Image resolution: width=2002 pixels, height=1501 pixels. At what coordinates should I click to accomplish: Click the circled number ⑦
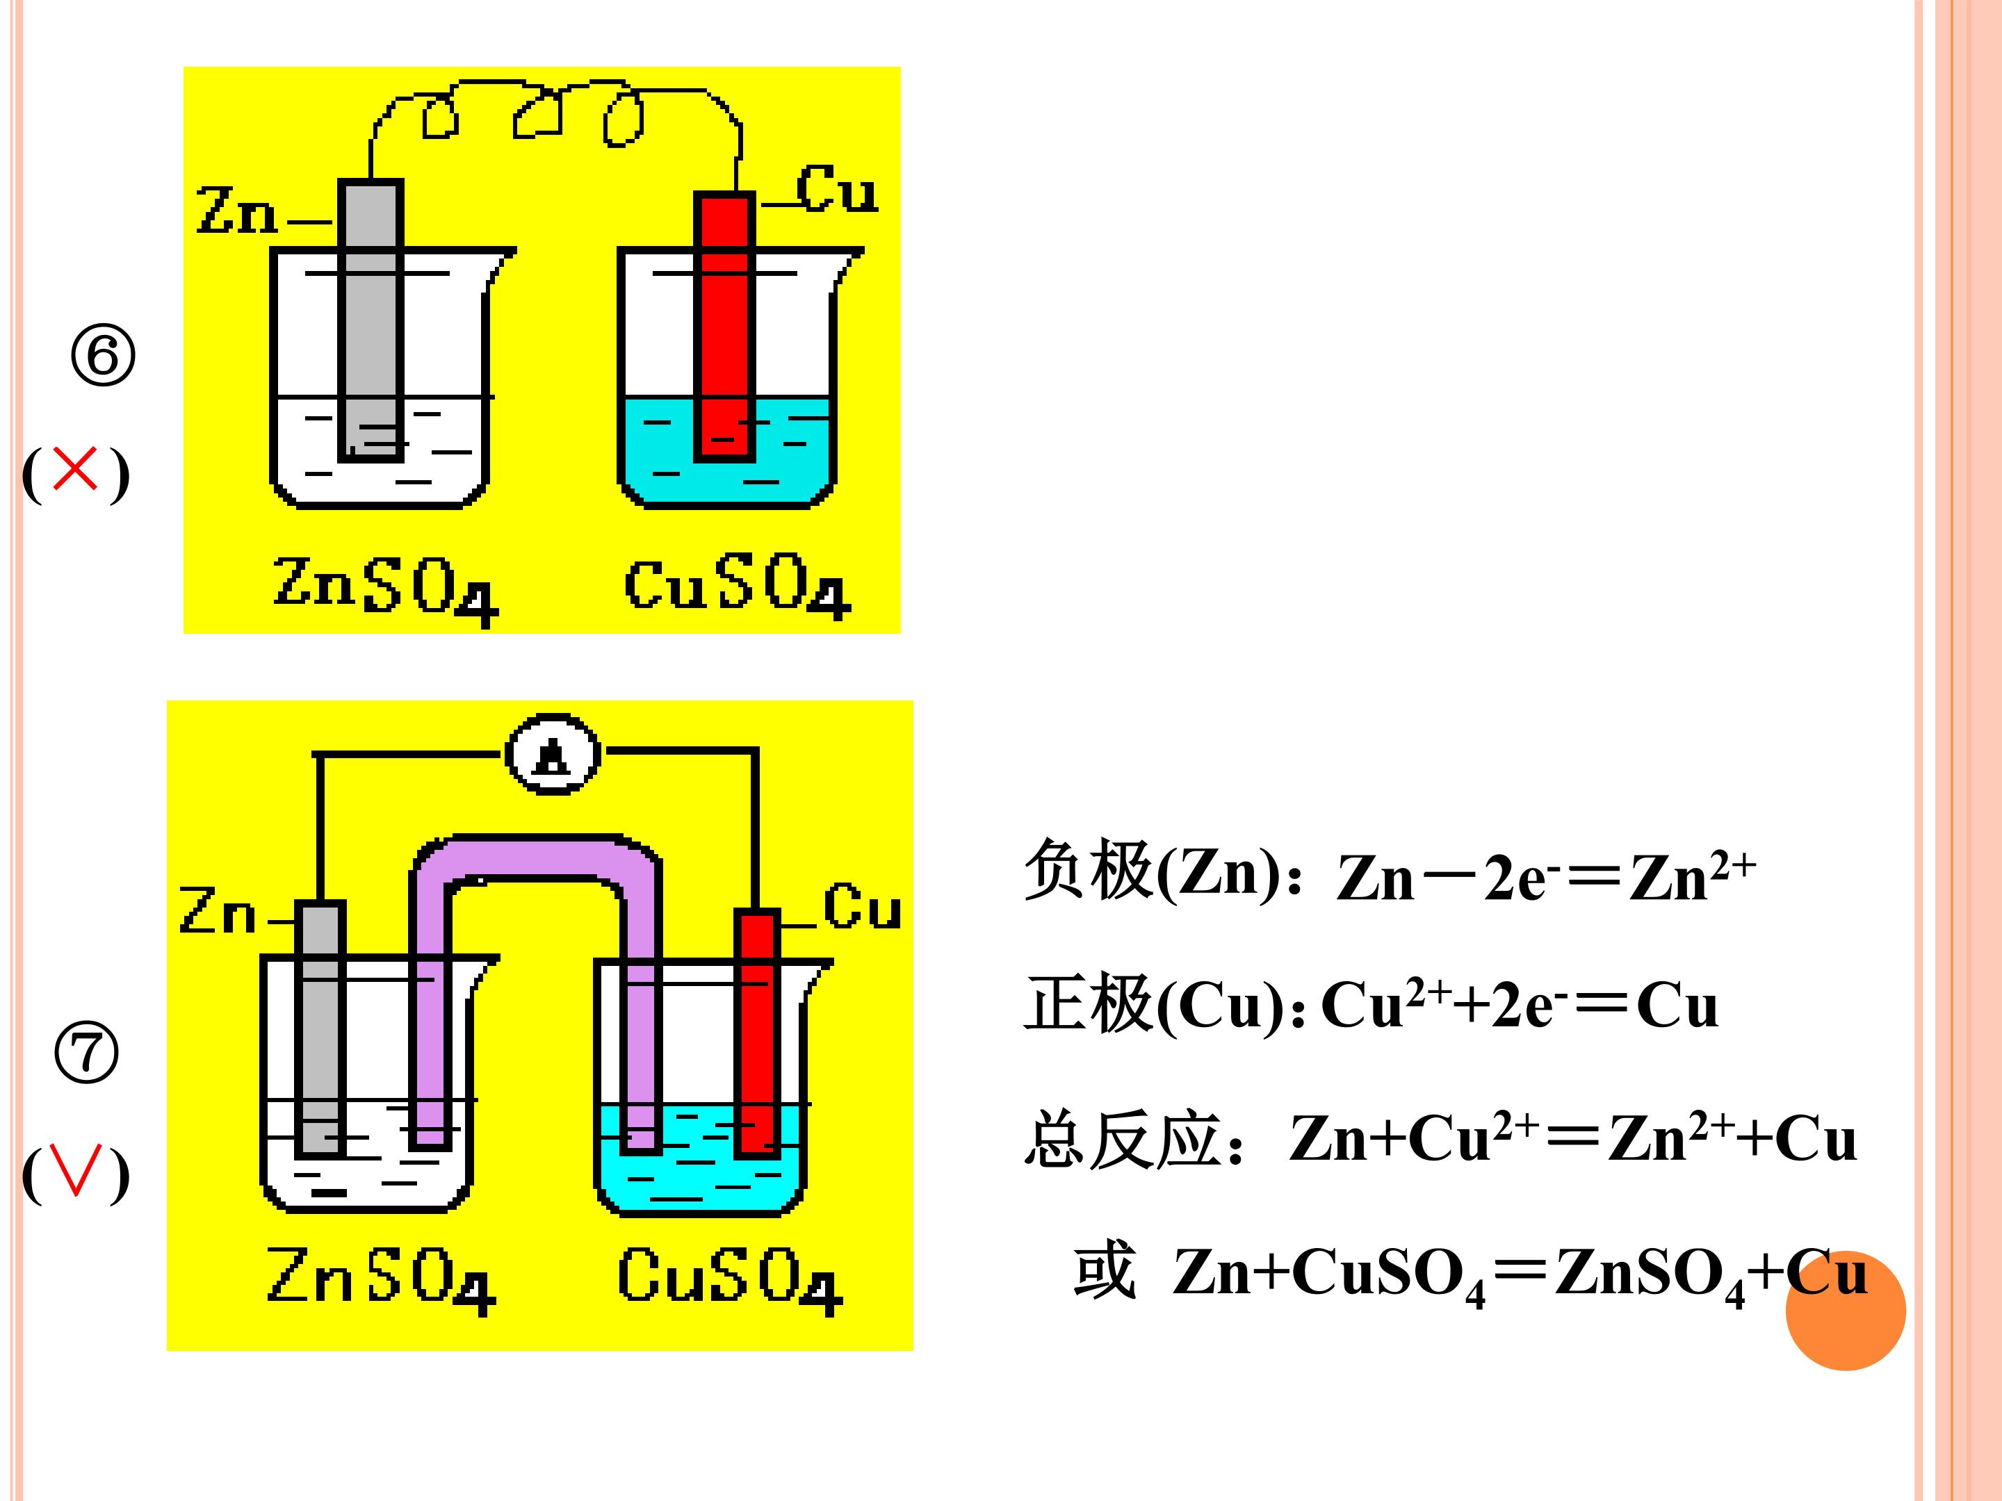point(87,1052)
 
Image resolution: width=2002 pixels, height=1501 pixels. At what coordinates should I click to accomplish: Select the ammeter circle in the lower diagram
point(552,754)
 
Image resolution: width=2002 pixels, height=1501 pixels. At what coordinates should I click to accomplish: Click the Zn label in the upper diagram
point(236,210)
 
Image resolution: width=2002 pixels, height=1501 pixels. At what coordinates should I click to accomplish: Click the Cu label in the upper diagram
point(837,189)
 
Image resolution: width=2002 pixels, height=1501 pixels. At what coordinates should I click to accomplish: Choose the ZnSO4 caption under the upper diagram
point(386,590)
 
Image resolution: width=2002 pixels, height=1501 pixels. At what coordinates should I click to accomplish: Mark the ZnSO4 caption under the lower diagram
point(381,1279)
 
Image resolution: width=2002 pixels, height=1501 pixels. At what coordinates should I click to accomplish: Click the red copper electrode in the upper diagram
point(724,327)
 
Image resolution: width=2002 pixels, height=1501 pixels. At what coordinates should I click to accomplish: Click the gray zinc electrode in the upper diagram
point(371,320)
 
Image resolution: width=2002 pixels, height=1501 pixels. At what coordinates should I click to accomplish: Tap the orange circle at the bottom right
point(1846,1310)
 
